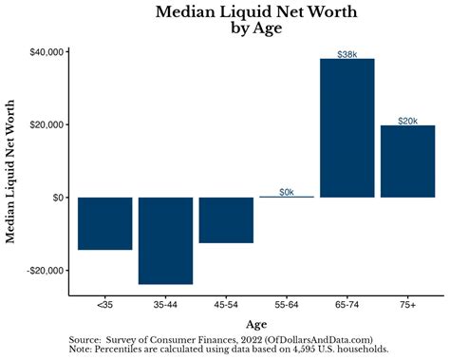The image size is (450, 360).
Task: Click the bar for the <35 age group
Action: click(104, 223)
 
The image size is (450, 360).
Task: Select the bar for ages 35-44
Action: click(165, 240)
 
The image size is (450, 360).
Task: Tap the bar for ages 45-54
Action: click(226, 219)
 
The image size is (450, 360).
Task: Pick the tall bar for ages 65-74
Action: click(347, 127)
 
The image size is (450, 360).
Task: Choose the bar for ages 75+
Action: click(407, 161)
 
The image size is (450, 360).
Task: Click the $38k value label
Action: click(347, 54)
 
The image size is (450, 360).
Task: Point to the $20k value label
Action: click(407, 121)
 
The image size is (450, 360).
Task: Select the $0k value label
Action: click(287, 192)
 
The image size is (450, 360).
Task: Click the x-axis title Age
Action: click(256, 324)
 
